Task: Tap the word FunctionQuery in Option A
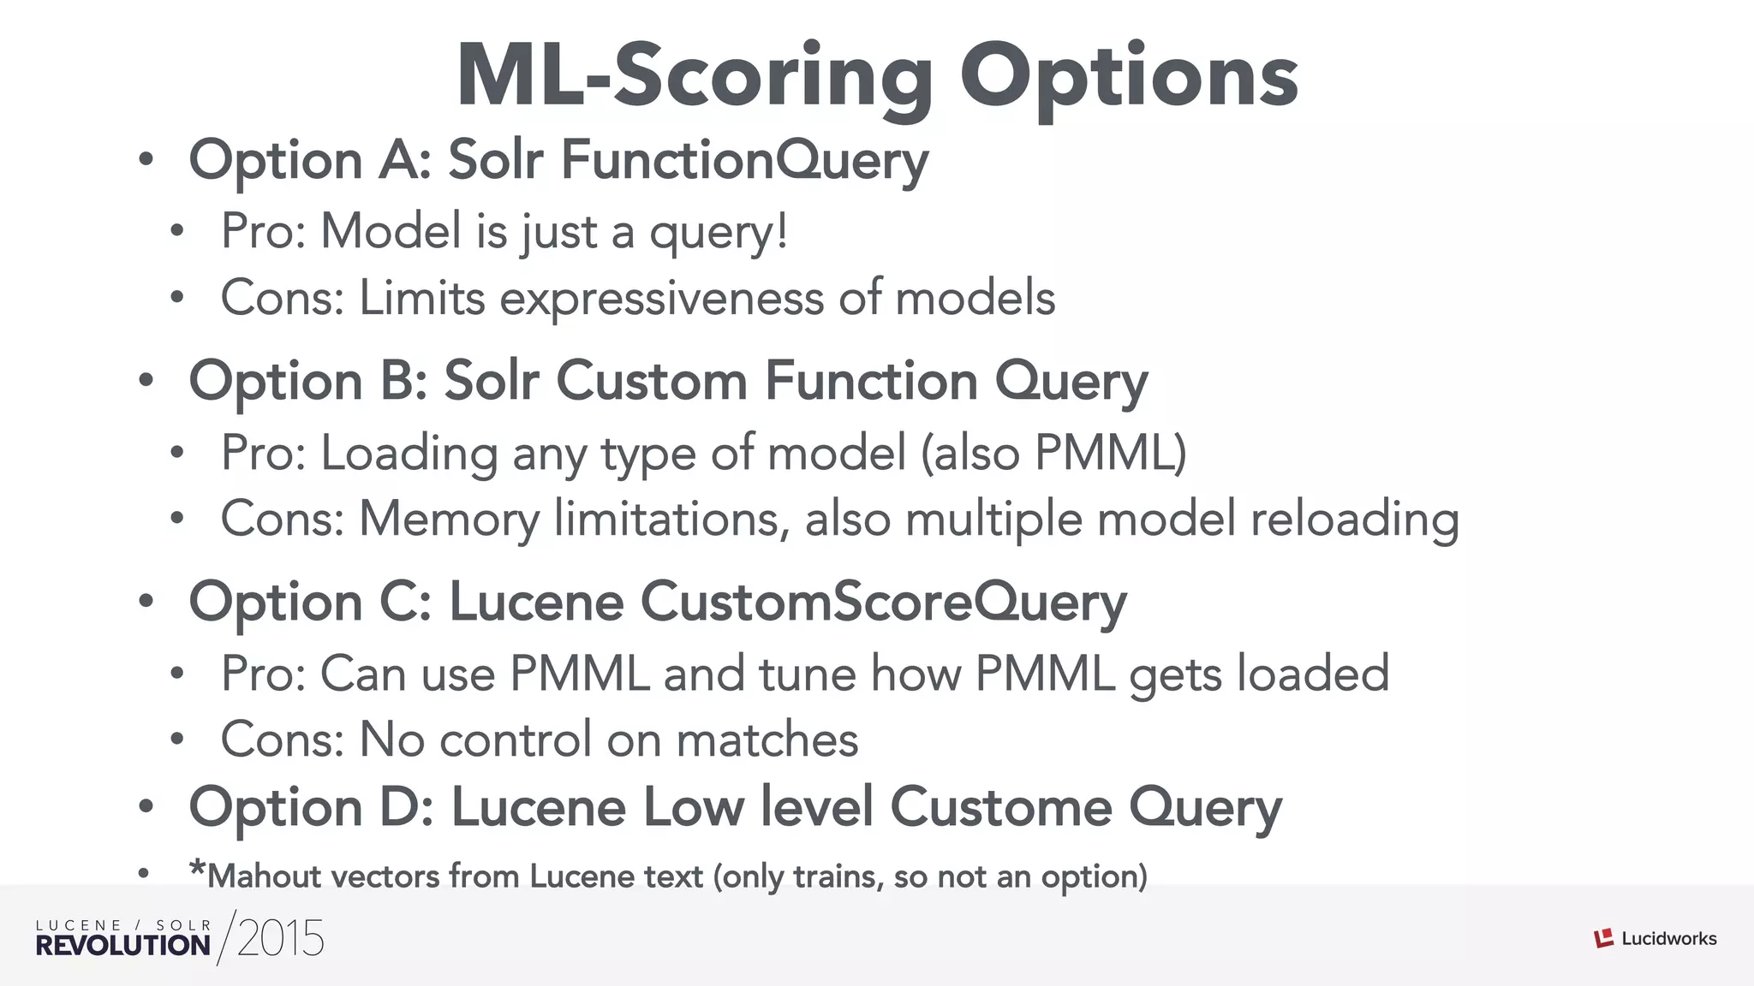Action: click(745, 160)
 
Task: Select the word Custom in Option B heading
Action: click(652, 381)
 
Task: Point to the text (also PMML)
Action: click(1054, 453)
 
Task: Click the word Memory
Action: click(450, 520)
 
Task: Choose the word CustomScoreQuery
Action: click(883, 602)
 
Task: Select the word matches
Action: click(767, 739)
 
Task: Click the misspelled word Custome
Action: click(1001, 807)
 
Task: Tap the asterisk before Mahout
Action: click(198, 869)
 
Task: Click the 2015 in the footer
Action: click(280, 938)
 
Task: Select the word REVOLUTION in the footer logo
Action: click(122, 946)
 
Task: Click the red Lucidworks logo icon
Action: click(1603, 938)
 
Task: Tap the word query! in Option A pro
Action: click(719, 232)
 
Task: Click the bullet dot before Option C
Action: click(146, 602)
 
